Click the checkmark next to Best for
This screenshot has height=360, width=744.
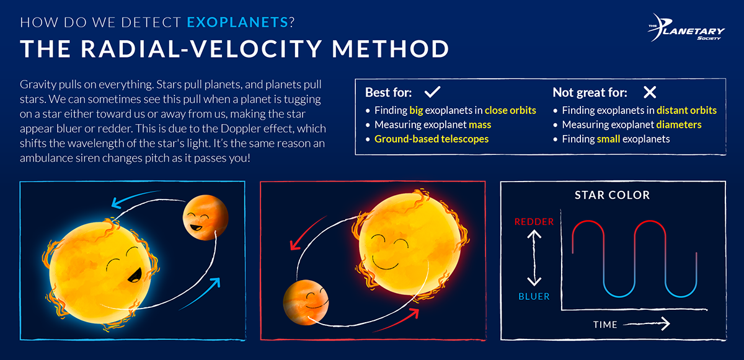[432, 93]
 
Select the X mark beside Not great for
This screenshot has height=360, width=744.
[649, 93]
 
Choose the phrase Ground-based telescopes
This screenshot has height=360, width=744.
[432, 139]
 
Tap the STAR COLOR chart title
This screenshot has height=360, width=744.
[612, 195]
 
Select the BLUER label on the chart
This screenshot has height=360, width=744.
[534, 296]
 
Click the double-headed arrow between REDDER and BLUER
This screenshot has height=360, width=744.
[534, 258]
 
